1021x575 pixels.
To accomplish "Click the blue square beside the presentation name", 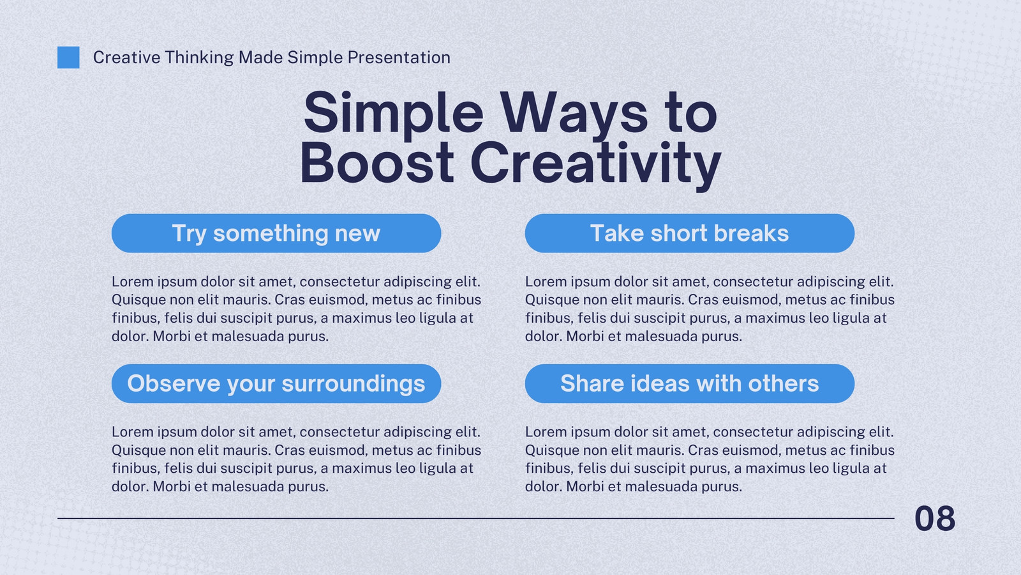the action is [68, 57].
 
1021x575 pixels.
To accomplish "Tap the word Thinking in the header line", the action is [199, 58].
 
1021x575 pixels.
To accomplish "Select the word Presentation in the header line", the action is [399, 57].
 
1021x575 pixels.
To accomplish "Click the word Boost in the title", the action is [376, 163].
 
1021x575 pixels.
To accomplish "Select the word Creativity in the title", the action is [596, 165].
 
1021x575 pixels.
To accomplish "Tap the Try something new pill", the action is [276, 233].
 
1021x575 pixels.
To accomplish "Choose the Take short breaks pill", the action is [690, 233].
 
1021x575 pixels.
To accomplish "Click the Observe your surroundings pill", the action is [276, 383].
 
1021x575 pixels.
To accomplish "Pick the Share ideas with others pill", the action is [690, 383].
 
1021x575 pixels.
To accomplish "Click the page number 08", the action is [935, 518].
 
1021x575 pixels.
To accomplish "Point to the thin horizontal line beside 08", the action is [476, 518].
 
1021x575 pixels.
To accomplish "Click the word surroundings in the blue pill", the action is [354, 384].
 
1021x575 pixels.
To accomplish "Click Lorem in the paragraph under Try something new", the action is [133, 282].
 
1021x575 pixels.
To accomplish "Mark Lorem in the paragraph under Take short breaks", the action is [546, 282].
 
